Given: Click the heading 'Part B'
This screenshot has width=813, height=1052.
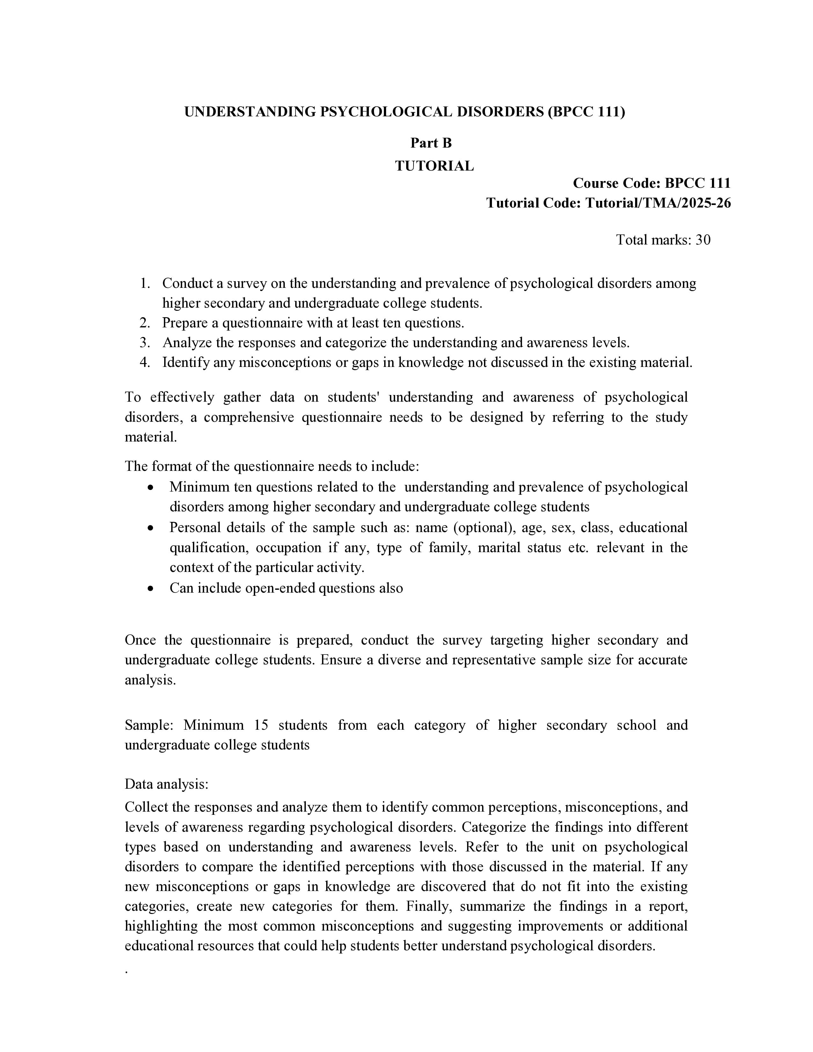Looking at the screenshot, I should coord(431,143).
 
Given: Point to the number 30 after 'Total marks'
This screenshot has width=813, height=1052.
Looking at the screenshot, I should coord(703,240).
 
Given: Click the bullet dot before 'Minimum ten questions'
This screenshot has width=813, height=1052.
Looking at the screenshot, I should coord(151,487).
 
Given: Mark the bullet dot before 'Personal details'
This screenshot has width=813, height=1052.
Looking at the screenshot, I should coord(151,528).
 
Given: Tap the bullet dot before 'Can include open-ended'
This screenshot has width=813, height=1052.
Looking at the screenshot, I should coord(151,588).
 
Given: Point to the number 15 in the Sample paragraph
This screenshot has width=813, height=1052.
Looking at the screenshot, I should coord(260,725).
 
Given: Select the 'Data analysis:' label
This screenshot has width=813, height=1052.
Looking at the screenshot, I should coord(166,784).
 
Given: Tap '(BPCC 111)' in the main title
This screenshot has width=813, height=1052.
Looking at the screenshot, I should coord(586,112).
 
